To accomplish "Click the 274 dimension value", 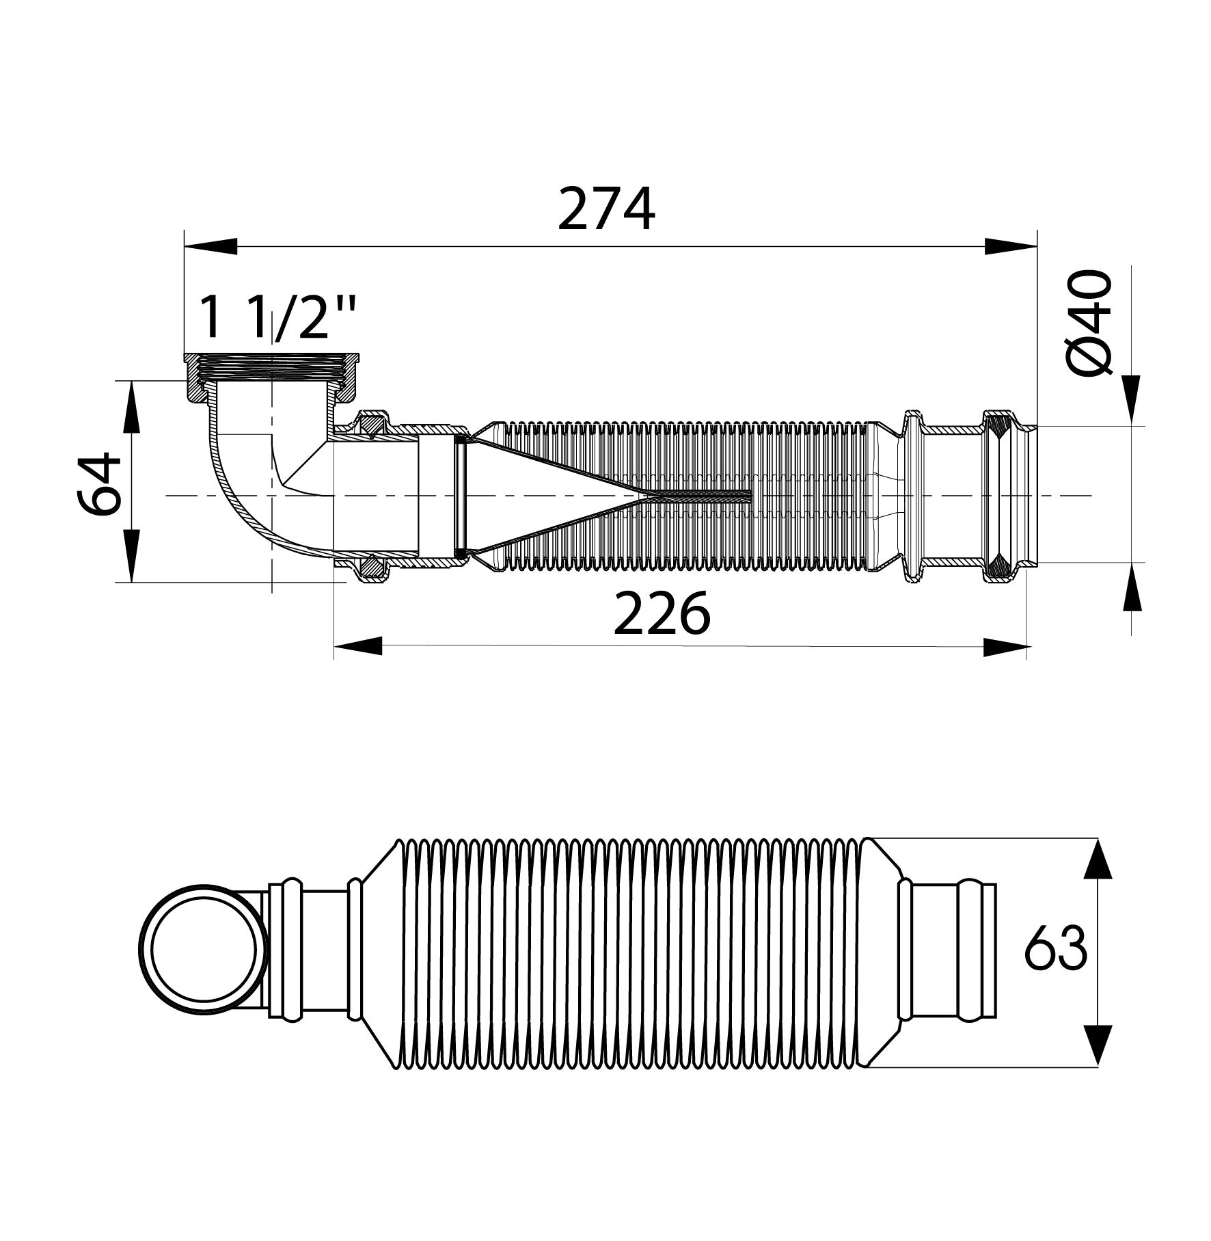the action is [606, 209].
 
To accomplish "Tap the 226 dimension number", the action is [662, 613].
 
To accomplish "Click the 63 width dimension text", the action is [1055, 948].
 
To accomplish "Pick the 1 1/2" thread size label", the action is [277, 317].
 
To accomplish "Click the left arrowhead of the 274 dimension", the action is [210, 246].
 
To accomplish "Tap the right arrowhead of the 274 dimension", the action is [1011, 246].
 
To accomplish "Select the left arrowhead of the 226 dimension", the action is [358, 646].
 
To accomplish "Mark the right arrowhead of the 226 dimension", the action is [1006, 646].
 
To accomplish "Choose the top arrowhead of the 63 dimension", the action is [1098, 859].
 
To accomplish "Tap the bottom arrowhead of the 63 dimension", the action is [1098, 1045].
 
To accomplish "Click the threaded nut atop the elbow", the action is [272, 377].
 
